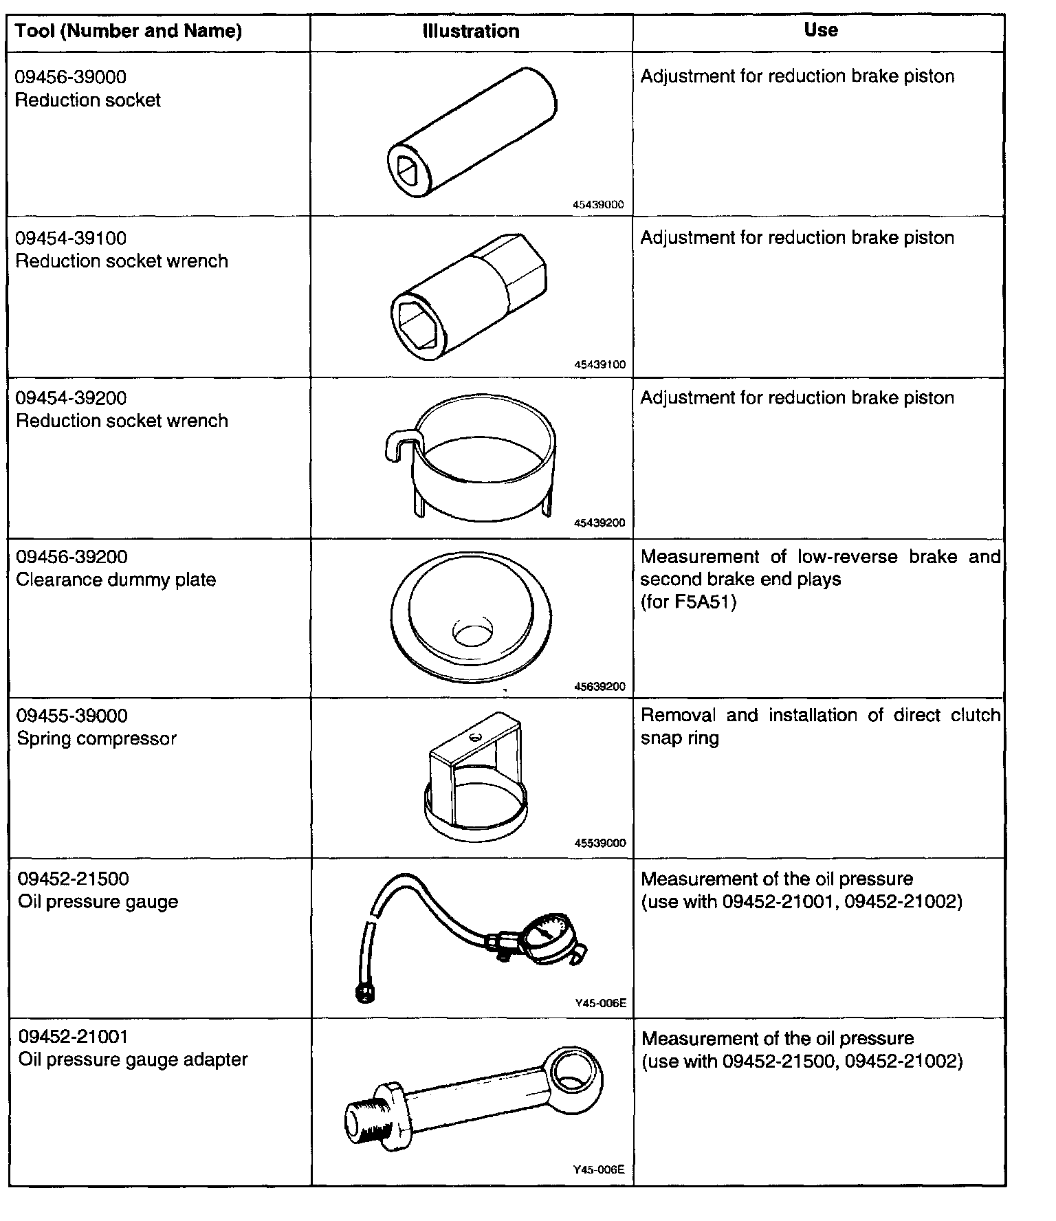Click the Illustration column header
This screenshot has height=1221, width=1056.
pyautogui.click(x=471, y=32)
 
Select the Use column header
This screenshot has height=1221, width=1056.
pyautogui.click(x=820, y=30)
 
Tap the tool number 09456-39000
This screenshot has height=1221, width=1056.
pyautogui.click(x=71, y=77)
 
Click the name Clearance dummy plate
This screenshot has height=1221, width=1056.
pyautogui.click(x=115, y=580)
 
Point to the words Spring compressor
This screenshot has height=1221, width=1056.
pyautogui.click(x=96, y=738)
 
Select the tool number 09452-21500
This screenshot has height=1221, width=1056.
pyautogui.click(x=74, y=879)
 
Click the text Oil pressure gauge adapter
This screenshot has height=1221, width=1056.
pyautogui.click(x=133, y=1059)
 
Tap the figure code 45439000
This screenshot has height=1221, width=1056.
pyautogui.click(x=597, y=205)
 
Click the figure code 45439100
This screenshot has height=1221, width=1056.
pyautogui.click(x=599, y=365)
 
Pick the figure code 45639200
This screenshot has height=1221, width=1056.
pyautogui.click(x=599, y=686)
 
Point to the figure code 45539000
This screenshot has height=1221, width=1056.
pyautogui.click(x=599, y=843)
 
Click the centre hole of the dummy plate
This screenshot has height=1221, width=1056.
pyautogui.click(x=472, y=633)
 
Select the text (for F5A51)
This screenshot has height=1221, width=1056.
pyautogui.click(x=688, y=602)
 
